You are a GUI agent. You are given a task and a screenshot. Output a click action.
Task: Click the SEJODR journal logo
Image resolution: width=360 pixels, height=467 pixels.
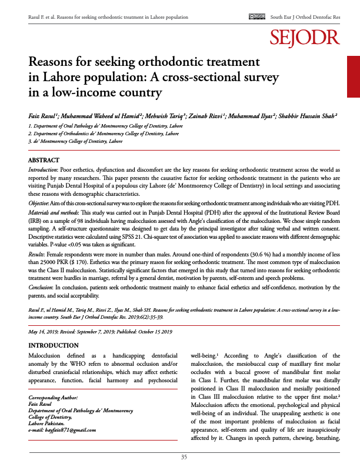(x=305, y=38)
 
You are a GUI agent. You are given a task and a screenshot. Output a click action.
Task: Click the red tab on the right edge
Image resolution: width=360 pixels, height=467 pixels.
(x=353, y=76)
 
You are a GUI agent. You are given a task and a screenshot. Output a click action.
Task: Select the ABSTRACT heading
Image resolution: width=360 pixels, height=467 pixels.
(x=44, y=161)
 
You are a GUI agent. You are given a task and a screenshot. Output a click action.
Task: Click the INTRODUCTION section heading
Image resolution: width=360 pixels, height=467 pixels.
(x=54, y=345)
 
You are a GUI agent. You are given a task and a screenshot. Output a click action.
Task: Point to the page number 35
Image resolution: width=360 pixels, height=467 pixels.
(x=184, y=457)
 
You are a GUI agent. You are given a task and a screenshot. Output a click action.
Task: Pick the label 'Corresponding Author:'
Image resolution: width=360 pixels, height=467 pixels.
(x=55, y=399)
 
